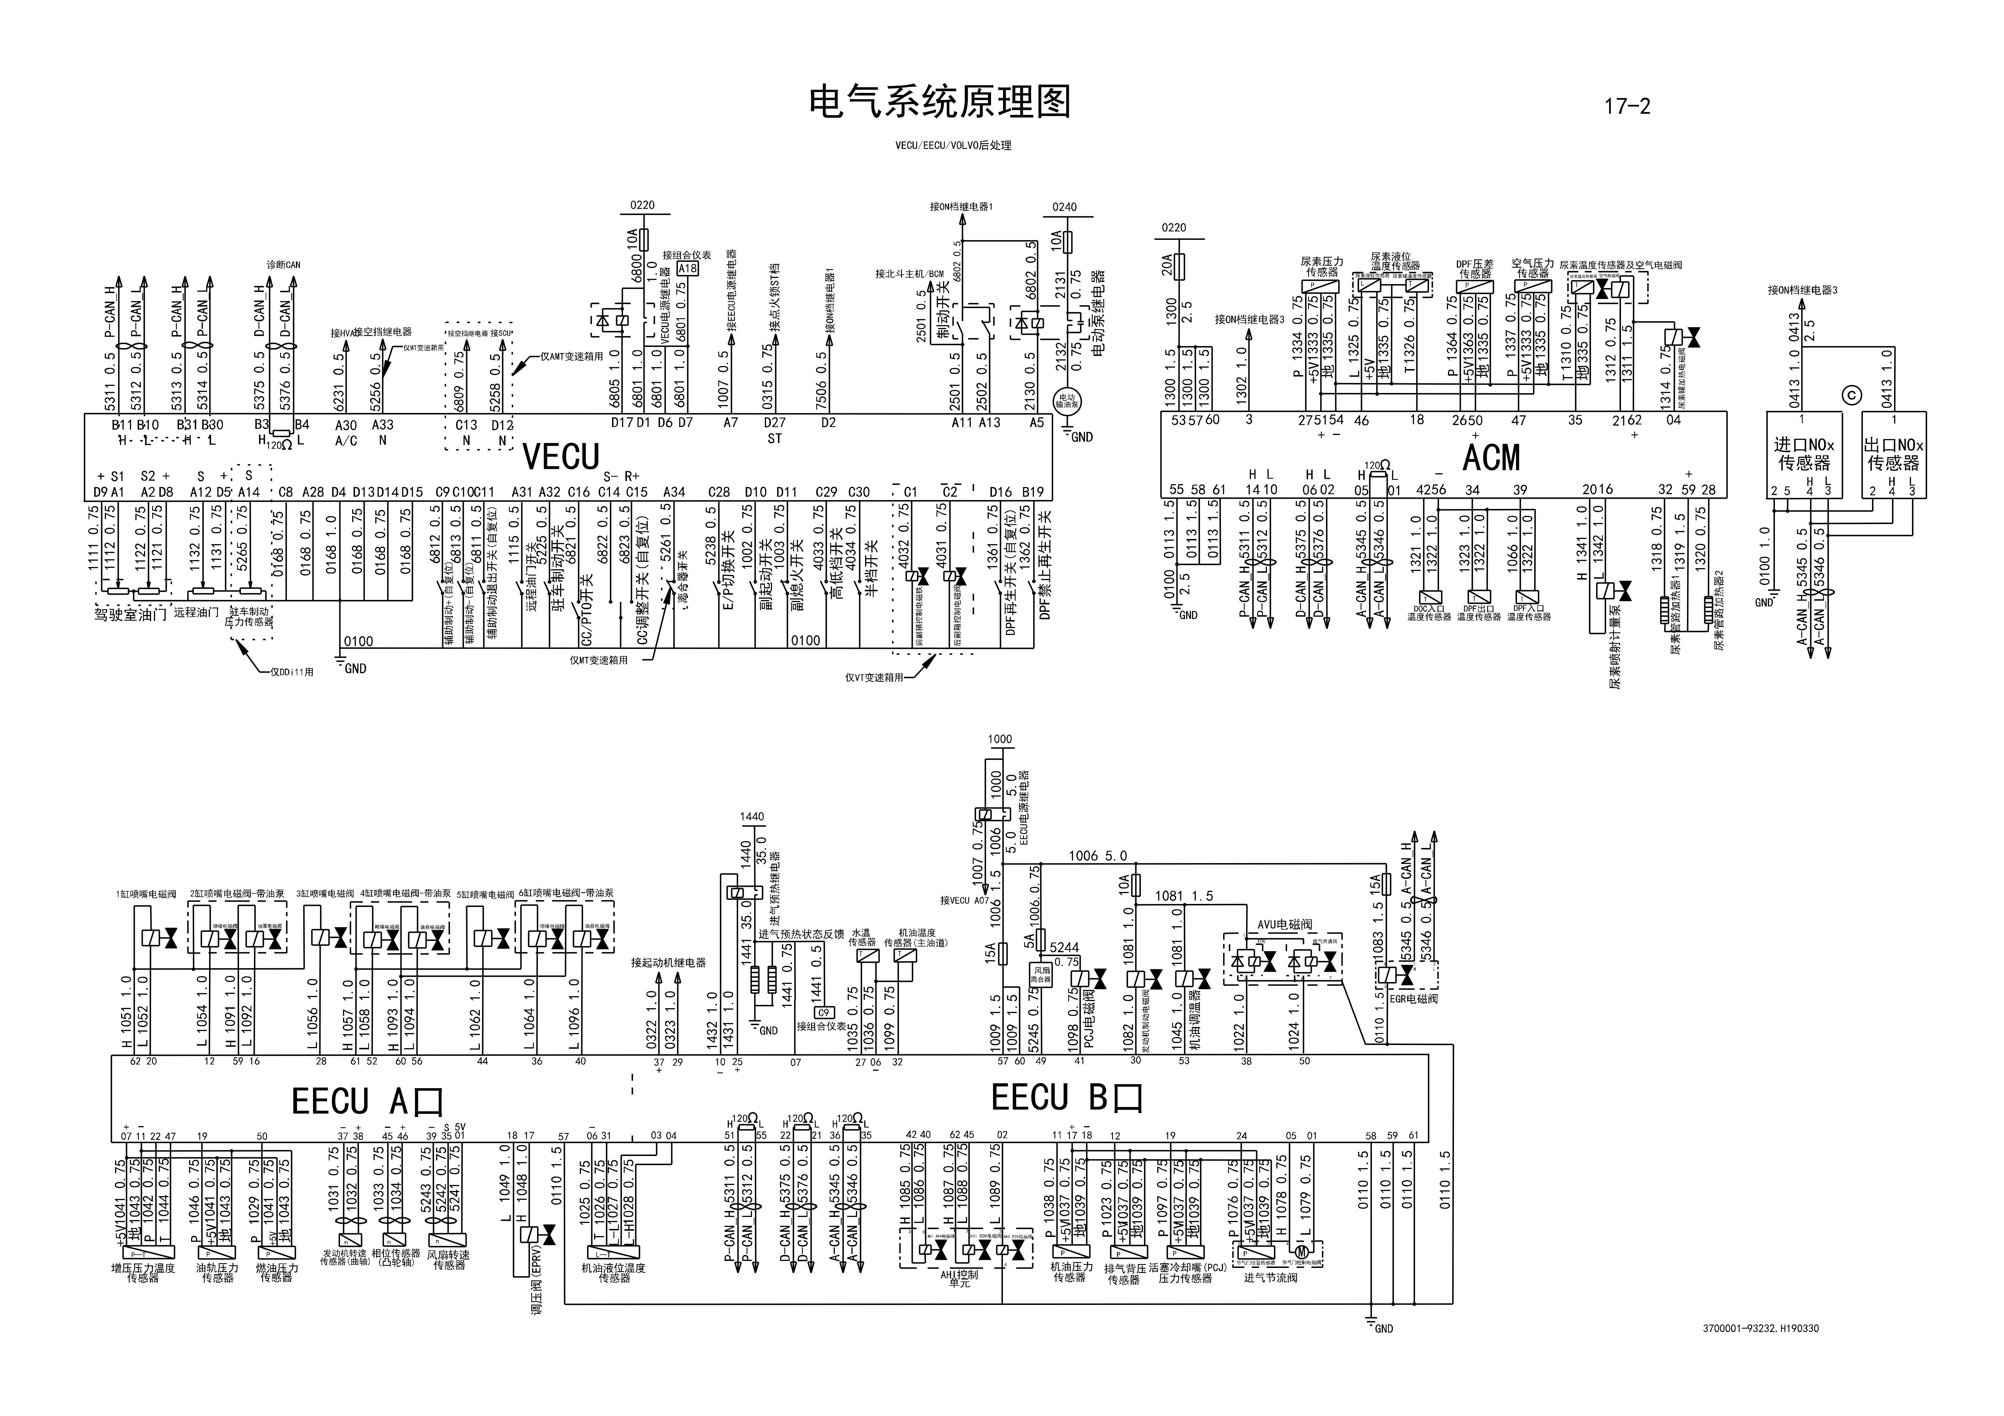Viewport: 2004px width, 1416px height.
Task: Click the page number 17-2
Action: tap(1627, 107)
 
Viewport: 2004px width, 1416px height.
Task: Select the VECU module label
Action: tap(561, 457)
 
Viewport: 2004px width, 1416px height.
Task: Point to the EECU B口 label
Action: tap(1067, 1097)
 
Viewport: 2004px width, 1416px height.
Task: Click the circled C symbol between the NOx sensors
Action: tap(1851, 396)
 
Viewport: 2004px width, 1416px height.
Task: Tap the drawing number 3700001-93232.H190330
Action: tap(1760, 1329)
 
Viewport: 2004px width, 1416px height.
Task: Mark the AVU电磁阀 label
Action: tap(1284, 924)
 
